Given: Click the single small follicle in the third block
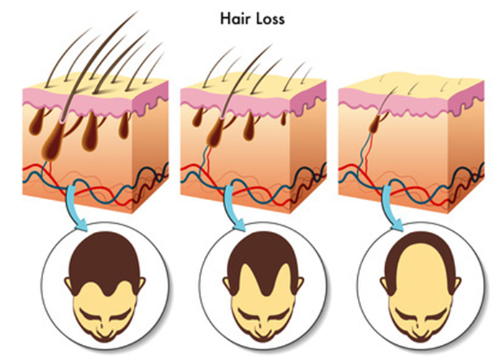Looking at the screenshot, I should [x=374, y=127].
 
